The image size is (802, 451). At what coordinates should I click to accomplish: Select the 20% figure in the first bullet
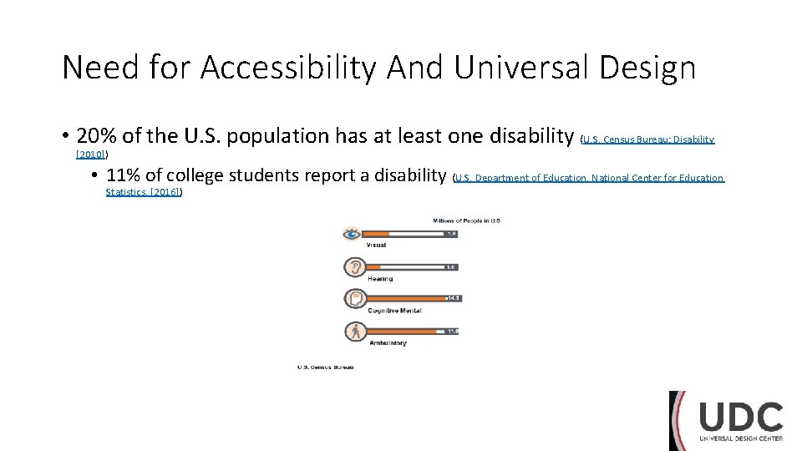point(96,136)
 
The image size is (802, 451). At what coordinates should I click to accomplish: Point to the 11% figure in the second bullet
point(124,175)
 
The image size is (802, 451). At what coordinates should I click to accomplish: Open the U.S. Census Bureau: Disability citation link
point(648,139)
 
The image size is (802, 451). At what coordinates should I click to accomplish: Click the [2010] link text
point(90,155)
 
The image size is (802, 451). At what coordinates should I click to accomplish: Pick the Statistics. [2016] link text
point(143,192)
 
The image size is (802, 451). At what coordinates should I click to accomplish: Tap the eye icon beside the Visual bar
point(353,234)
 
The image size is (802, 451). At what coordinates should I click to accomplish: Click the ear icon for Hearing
point(354,266)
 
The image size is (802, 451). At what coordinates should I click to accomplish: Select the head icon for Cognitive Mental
point(354,298)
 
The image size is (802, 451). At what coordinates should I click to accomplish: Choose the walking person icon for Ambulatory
point(354,331)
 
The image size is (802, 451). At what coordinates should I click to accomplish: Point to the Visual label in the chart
point(376,245)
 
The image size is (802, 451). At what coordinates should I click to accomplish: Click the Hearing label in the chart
point(380,278)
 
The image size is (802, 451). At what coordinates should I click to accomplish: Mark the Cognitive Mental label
point(394,311)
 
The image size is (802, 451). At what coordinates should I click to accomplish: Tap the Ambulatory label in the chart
point(387,343)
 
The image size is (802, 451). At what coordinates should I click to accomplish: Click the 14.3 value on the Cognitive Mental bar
point(453,298)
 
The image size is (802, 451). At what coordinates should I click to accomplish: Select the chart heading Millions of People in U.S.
point(466,220)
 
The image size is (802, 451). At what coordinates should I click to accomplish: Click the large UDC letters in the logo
point(741,418)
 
